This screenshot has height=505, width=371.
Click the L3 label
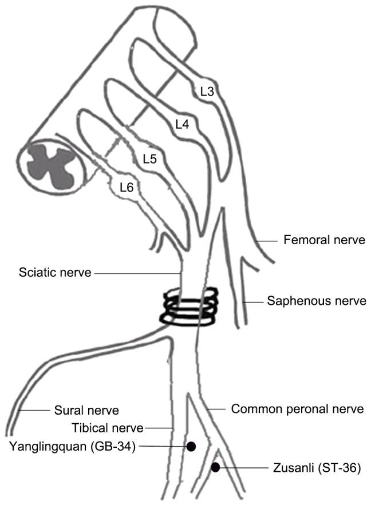207,90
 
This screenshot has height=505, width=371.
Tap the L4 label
182,124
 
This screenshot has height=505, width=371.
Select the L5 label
149,158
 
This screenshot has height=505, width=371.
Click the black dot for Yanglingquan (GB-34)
192,446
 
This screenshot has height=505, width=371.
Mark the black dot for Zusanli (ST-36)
215,468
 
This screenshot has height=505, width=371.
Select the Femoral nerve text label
324,240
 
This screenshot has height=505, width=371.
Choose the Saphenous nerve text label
316,300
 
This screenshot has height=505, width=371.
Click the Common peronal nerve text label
297,409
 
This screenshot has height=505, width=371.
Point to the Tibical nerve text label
108,428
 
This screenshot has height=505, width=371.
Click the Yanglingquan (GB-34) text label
72,447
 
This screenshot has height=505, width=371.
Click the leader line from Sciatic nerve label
137,273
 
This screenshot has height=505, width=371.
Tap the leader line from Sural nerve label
35,410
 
